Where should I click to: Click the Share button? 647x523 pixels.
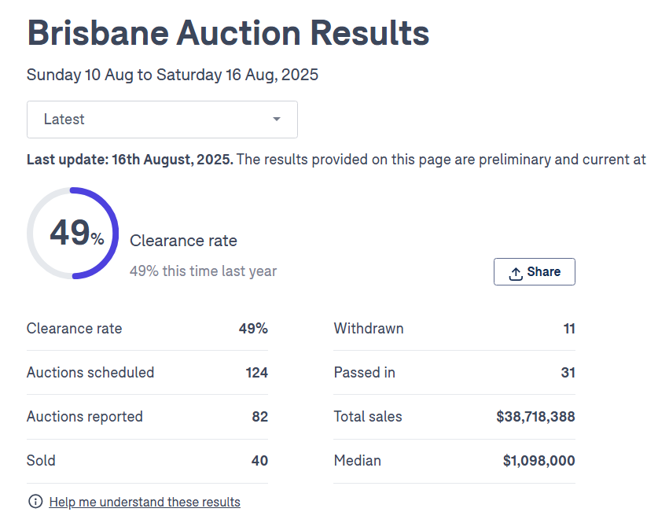[535, 271]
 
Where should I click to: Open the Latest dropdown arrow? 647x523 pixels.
[276, 120]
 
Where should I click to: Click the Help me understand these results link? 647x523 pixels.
[145, 502]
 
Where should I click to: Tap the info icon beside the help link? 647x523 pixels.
[35, 502]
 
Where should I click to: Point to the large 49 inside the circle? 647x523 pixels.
[70, 233]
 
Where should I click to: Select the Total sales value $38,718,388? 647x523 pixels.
[535, 417]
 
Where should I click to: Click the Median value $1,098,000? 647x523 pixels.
[539, 461]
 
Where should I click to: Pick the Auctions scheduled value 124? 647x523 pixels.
[256, 373]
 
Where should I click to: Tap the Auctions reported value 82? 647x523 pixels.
[259, 417]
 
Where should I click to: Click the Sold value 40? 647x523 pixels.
[259, 461]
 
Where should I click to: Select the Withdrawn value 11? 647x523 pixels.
[569, 329]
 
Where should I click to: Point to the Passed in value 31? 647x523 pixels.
[568, 373]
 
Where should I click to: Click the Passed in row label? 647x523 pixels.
[364, 373]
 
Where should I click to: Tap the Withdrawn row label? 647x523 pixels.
[369, 329]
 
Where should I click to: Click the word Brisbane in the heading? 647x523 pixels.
[96, 33]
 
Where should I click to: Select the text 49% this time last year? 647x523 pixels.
[203, 271]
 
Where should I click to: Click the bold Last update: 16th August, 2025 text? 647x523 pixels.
[130, 160]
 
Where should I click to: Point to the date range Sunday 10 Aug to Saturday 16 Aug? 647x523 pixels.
[172, 76]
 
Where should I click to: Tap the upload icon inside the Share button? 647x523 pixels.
[516, 273]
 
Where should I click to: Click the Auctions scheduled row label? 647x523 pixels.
[90, 373]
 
